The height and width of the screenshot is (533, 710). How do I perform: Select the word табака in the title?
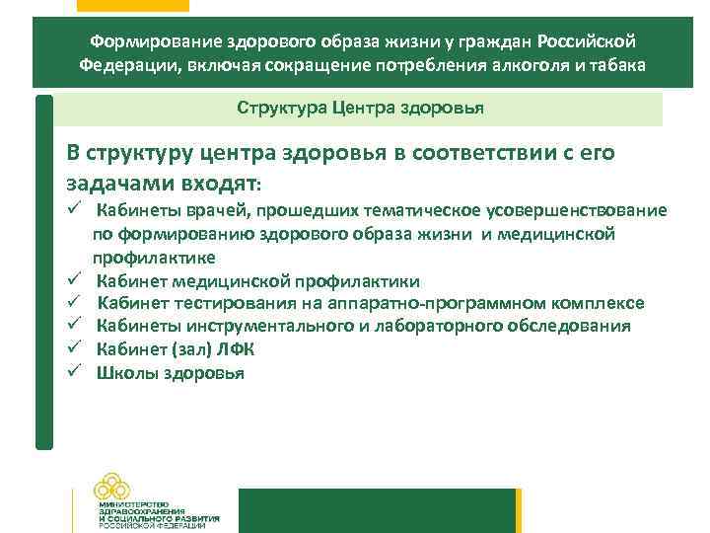[622, 66]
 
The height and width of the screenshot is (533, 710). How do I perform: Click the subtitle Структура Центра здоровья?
[360, 107]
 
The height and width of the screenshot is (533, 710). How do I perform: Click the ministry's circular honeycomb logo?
[117, 486]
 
